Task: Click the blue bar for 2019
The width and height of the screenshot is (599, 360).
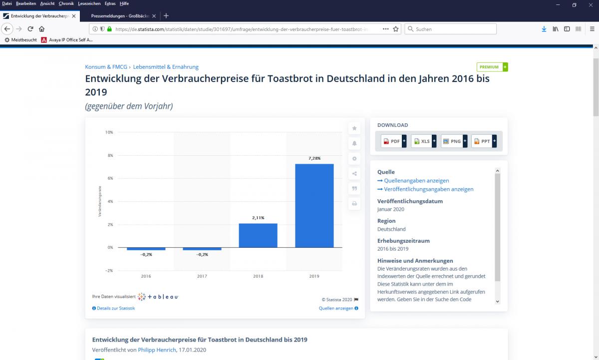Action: (314, 205)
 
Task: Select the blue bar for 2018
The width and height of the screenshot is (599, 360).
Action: (258, 235)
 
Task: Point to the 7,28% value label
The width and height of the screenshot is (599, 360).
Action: (314, 158)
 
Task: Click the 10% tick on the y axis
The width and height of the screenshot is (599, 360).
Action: (109, 132)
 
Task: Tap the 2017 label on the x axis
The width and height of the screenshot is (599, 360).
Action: (202, 276)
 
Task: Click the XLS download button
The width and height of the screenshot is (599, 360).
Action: (424, 141)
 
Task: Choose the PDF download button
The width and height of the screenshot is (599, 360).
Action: (394, 141)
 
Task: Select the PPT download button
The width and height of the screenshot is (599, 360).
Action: (484, 141)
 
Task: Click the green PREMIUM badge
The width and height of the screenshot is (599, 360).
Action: (492, 67)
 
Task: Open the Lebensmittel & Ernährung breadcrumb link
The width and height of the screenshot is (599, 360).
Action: (166, 67)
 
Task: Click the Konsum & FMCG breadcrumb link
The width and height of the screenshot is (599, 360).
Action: (106, 67)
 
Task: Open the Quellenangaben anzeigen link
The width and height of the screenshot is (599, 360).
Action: (416, 181)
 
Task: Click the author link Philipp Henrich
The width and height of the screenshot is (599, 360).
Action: (157, 350)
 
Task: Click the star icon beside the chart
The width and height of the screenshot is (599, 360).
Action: (354, 128)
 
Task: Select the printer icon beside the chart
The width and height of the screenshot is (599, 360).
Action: (354, 204)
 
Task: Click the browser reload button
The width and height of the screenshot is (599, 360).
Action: (30, 29)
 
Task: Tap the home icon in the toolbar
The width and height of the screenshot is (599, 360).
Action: (42, 29)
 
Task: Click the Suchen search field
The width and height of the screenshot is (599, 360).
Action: (451, 29)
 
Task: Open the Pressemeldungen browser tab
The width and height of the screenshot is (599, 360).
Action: (120, 16)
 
